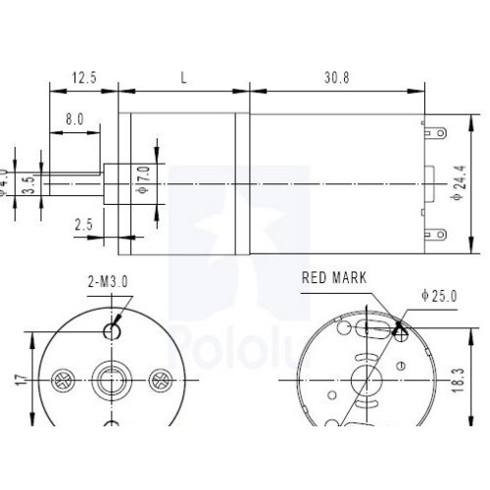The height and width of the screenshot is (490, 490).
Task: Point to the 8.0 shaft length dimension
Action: coord(74,119)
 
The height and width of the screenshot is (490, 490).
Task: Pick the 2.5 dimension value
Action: coord(83,225)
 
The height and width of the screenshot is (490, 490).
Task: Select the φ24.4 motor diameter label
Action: coord(457,183)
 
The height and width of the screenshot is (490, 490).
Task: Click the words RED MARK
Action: coord(334,278)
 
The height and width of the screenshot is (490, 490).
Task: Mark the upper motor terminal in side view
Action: coord(435,130)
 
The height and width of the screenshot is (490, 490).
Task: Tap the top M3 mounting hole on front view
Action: coord(114,330)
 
